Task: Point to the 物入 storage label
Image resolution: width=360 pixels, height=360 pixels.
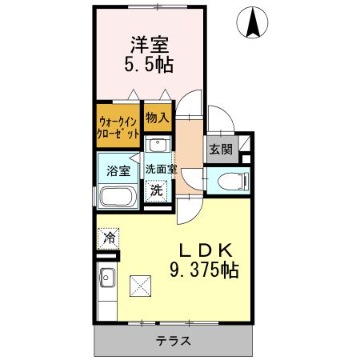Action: (x=157, y=117)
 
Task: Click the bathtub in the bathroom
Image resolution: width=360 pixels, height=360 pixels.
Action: (x=118, y=197)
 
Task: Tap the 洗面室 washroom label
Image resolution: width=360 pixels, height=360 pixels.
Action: (x=160, y=170)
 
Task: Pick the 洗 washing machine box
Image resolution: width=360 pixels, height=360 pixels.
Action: (x=157, y=190)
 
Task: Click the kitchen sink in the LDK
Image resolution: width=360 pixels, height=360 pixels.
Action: (x=107, y=281)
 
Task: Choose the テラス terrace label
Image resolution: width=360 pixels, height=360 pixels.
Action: (x=173, y=340)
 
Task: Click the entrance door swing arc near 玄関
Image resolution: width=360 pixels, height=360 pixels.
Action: (x=217, y=120)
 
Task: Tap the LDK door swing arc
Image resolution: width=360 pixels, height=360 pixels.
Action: (x=186, y=210)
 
